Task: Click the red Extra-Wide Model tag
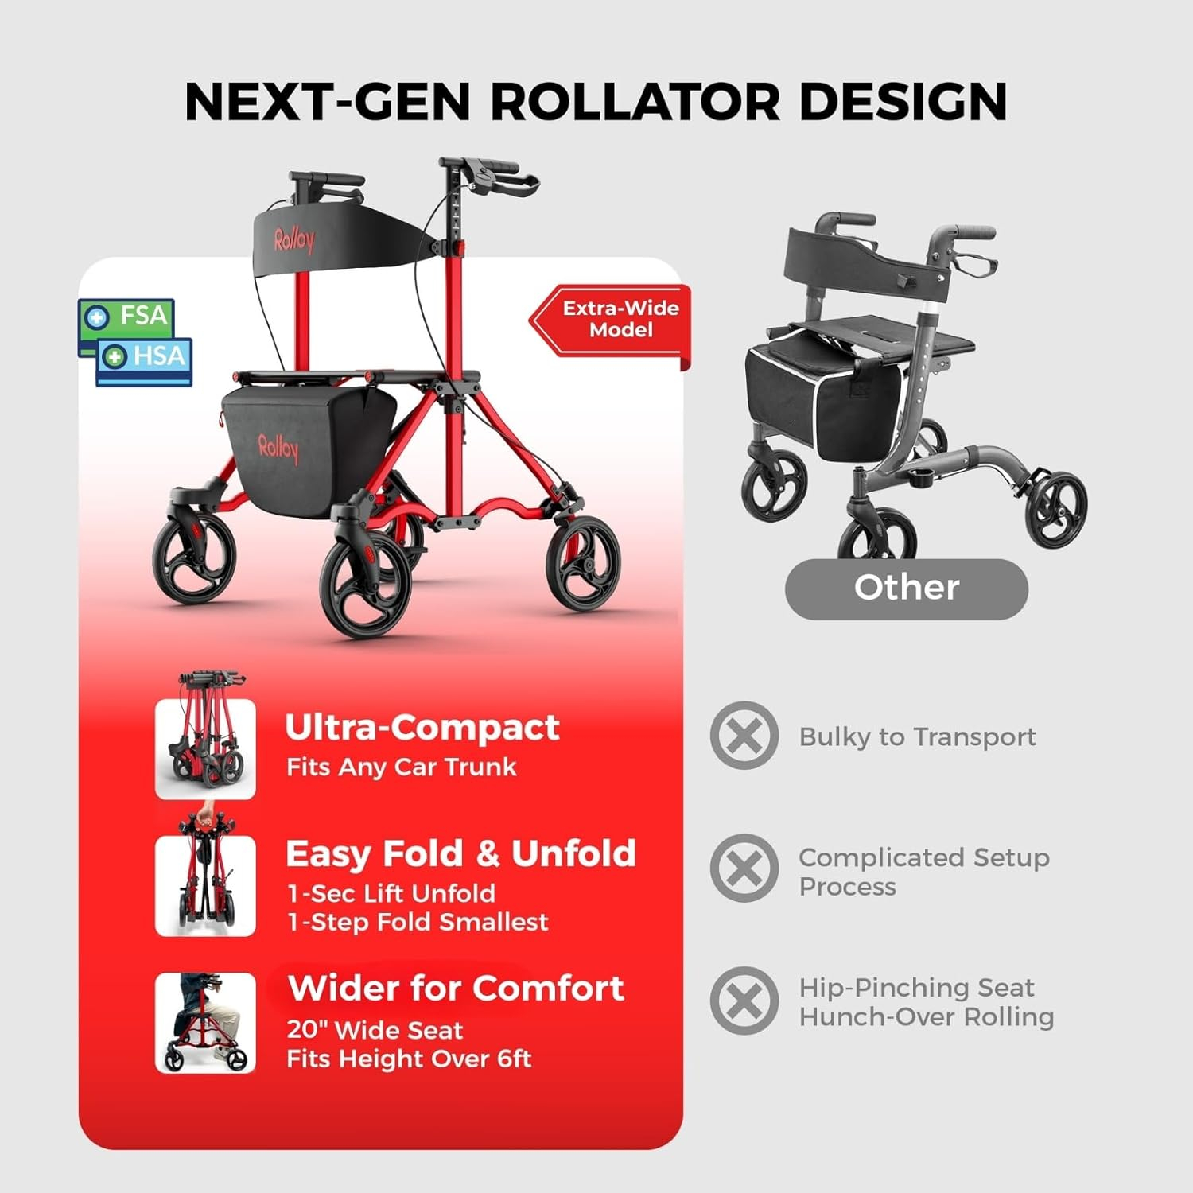click(609, 320)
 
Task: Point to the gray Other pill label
click(907, 589)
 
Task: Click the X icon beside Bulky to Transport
click(744, 736)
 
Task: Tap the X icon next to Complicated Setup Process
click(744, 869)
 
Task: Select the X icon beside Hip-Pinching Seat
click(744, 1001)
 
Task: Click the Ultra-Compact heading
click(422, 728)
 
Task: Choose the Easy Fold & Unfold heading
click(461, 853)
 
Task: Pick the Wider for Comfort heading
click(456, 988)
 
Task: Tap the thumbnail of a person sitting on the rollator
click(206, 1023)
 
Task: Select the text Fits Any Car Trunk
click(402, 767)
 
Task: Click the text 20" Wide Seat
click(375, 1030)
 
